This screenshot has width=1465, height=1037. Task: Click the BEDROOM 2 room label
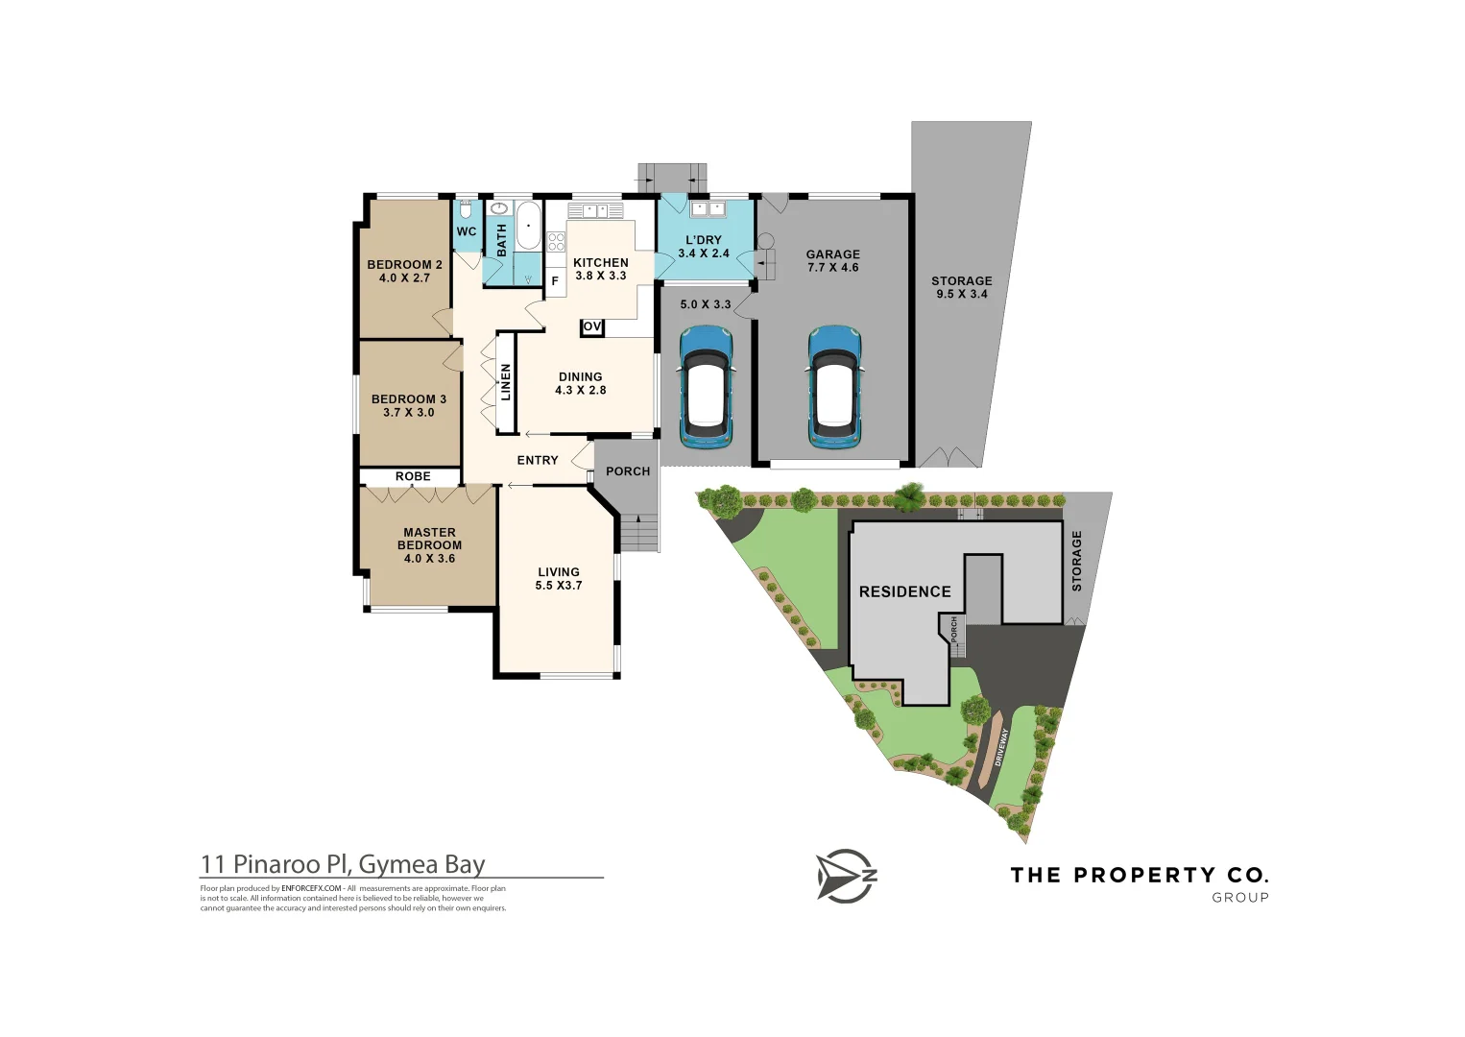(x=404, y=271)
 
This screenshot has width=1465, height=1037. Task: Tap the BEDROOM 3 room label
(x=409, y=405)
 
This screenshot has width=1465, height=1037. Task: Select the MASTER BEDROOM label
(x=429, y=544)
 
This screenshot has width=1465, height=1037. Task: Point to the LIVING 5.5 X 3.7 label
(x=559, y=578)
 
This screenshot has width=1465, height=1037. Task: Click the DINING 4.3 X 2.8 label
(x=581, y=383)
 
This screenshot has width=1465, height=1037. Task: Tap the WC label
(x=467, y=231)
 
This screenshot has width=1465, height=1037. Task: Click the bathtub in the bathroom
(x=528, y=226)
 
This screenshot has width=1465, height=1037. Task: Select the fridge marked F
(x=555, y=281)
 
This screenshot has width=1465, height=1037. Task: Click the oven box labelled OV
(x=592, y=327)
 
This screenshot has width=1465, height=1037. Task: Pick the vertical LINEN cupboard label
(x=506, y=382)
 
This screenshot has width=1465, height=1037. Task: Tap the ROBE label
(x=413, y=476)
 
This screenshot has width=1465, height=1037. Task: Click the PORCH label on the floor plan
(x=628, y=471)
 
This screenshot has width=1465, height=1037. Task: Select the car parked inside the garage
(x=833, y=387)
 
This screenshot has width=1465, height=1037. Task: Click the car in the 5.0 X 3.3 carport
(x=706, y=387)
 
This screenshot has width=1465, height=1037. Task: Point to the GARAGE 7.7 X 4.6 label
(x=833, y=261)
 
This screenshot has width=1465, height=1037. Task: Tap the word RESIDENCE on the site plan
(x=904, y=592)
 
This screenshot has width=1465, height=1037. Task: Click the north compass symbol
(x=846, y=876)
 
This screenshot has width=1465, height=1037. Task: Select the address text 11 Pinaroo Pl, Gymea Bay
(x=343, y=864)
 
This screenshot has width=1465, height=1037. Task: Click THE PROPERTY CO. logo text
(x=1140, y=876)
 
